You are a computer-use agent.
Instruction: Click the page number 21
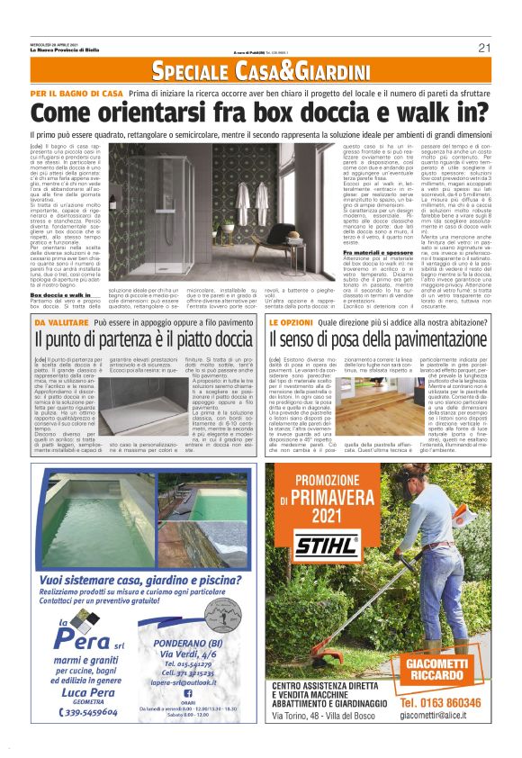point(484,48)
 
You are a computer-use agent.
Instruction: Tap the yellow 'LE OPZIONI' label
point(292,321)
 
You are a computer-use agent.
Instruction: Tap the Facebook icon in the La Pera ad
point(188,692)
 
